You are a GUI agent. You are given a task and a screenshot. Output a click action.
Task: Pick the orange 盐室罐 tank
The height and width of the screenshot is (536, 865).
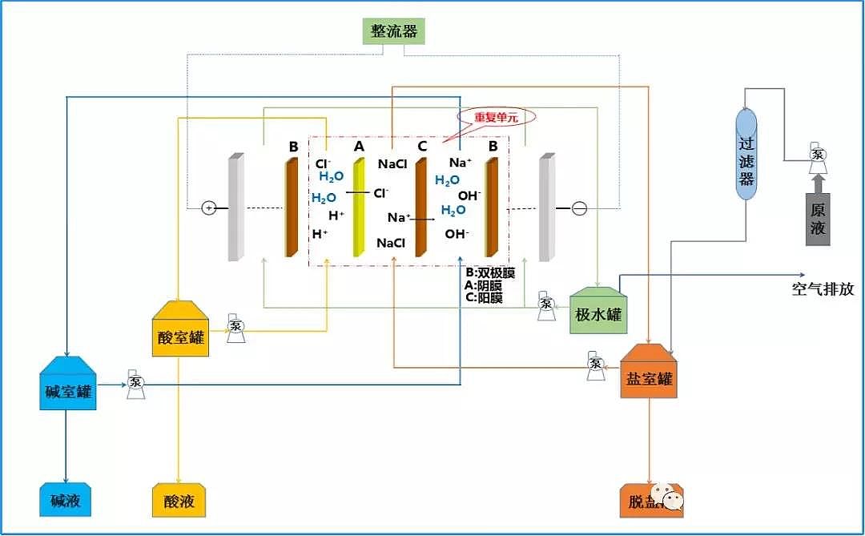648,373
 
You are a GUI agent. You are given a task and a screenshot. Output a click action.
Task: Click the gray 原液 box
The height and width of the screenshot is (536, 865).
818,219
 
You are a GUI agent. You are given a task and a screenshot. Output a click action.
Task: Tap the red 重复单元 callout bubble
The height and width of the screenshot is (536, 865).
496,117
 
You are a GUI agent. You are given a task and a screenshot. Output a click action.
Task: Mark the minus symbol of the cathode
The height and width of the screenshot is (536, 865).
579,208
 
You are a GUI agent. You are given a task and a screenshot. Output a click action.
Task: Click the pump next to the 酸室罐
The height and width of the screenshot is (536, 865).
235,328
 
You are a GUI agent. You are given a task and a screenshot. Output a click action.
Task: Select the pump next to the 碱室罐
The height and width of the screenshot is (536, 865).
135,385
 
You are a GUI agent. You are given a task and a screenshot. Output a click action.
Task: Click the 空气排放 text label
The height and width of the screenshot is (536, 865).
823,289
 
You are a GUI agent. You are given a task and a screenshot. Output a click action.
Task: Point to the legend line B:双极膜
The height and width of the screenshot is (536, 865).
489,272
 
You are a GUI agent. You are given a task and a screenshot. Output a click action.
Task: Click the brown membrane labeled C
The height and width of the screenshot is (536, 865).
420,208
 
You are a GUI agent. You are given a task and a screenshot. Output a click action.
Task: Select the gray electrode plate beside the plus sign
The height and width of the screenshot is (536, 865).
235,208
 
